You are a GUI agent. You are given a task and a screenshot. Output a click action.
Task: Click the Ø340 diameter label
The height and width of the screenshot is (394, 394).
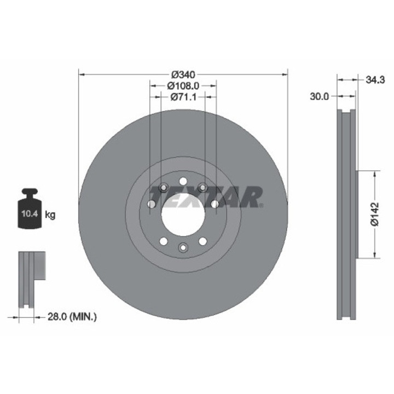[183, 74]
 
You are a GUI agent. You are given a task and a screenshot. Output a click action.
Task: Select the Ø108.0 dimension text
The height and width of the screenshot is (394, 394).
[183, 86]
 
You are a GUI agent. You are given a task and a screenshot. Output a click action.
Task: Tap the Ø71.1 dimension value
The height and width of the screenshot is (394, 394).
[183, 97]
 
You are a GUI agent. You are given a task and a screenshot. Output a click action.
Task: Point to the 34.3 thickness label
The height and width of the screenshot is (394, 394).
[375, 80]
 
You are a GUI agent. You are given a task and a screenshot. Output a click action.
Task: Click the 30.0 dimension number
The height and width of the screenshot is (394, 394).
[319, 96]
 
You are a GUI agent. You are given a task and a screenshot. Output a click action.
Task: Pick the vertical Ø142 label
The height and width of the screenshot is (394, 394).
[374, 214]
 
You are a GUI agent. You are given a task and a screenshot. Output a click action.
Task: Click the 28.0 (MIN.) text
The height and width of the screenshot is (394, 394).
[72, 317]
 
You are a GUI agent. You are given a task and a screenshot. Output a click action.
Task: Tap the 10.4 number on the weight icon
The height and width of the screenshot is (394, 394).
[30, 214]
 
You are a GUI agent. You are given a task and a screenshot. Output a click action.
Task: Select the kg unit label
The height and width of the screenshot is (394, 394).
[50, 215]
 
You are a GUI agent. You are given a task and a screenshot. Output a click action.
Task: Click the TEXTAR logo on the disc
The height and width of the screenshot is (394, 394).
[206, 197]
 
